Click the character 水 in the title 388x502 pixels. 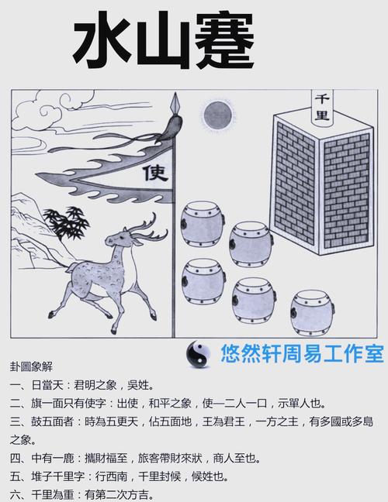pyautogui.click(x=102, y=40)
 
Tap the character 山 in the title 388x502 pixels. pyautogui.click(x=164, y=42)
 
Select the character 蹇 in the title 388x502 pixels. pyautogui.click(x=225, y=40)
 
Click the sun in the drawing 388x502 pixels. pyautogui.click(x=218, y=115)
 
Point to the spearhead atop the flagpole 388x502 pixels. pyautogui.click(x=175, y=103)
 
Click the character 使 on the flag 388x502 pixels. pyautogui.click(x=156, y=173)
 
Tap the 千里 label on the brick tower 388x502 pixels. pyautogui.click(x=322, y=107)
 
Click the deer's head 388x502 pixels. pyautogui.click(x=120, y=238)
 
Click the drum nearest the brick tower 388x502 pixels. pyautogui.click(x=251, y=244)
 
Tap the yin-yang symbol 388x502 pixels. pyautogui.click(x=199, y=354)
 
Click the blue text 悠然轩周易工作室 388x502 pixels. pyautogui.click(x=302, y=354)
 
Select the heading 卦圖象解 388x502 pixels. pyautogui.click(x=31, y=366)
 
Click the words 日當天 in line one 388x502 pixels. pyautogui.click(x=47, y=385)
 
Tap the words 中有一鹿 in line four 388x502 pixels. pyautogui.click(x=52, y=458)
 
